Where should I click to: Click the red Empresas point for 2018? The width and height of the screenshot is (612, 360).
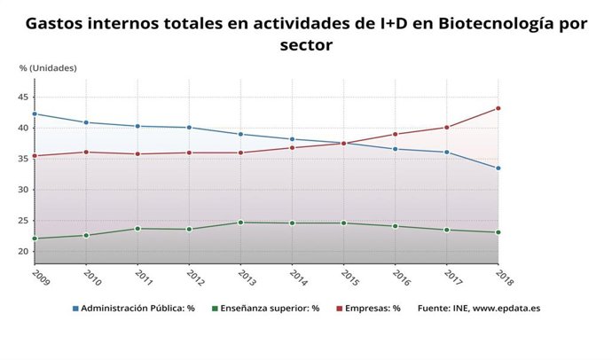[x=498, y=108]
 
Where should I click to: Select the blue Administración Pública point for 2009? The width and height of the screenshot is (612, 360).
[x=35, y=113]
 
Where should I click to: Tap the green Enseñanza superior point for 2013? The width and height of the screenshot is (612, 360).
[x=240, y=223]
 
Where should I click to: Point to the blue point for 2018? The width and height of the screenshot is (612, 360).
[x=498, y=168]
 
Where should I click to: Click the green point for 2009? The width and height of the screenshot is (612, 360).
[x=35, y=239]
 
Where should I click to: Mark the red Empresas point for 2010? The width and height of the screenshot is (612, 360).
[x=86, y=152]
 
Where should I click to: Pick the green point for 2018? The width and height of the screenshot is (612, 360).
[x=498, y=232]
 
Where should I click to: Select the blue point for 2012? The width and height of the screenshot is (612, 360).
[x=189, y=128]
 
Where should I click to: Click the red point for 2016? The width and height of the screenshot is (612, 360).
[x=396, y=134]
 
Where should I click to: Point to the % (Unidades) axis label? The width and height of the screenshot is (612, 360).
[x=48, y=67]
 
